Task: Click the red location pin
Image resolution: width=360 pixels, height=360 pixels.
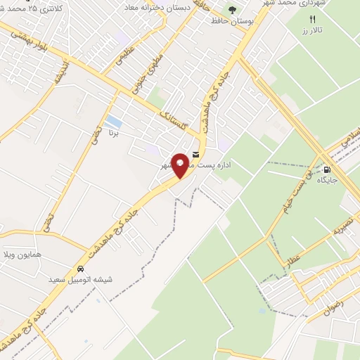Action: [181, 165]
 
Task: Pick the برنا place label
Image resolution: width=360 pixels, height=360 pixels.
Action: [123, 131]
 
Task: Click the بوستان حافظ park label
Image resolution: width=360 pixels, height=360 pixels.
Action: [231, 21]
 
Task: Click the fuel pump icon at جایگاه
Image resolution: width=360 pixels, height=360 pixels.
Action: [327, 169]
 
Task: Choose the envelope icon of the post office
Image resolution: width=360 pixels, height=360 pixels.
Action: [195, 154]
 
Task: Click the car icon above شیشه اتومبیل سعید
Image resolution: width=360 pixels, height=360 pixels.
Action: [80, 269]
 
